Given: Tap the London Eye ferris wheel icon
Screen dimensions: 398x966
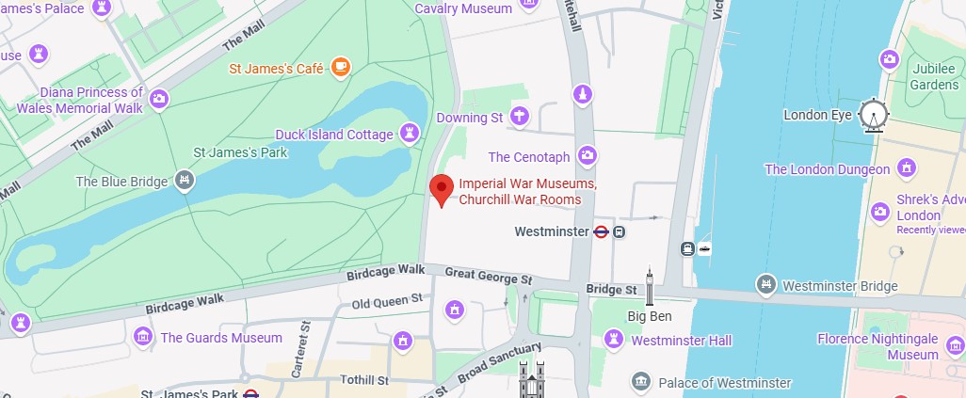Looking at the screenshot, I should click(x=874, y=116).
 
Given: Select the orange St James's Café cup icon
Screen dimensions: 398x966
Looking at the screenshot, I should click(x=339, y=68).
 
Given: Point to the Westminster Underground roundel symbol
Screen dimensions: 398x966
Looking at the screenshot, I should click(x=601, y=231).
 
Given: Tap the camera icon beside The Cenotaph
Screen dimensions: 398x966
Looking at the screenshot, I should click(x=588, y=155).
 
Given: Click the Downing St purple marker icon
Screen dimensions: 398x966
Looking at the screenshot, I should click(x=518, y=118).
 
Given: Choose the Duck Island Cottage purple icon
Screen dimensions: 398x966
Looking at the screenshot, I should click(x=410, y=134).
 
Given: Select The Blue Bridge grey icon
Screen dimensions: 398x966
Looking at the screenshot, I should click(x=185, y=181).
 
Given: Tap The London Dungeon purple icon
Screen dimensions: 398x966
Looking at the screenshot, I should click(x=907, y=169).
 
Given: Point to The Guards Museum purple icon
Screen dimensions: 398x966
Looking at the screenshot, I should click(x=143, y=337).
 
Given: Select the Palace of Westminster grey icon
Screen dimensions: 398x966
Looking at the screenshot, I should click(x=641, y=382).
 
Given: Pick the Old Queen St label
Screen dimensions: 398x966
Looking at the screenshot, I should click(x=388, y=302).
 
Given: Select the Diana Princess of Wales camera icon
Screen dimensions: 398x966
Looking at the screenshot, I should click(x=159, y=99).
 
